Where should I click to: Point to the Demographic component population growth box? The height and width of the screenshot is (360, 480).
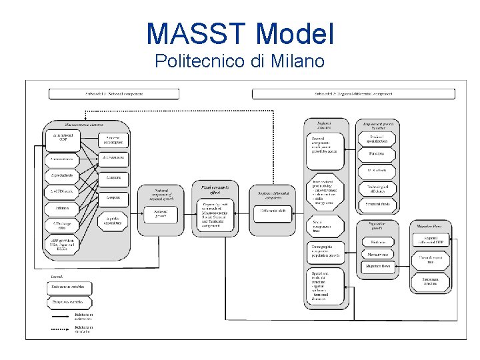coord(327,251)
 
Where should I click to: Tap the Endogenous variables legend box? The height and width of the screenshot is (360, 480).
coord(69,287)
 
